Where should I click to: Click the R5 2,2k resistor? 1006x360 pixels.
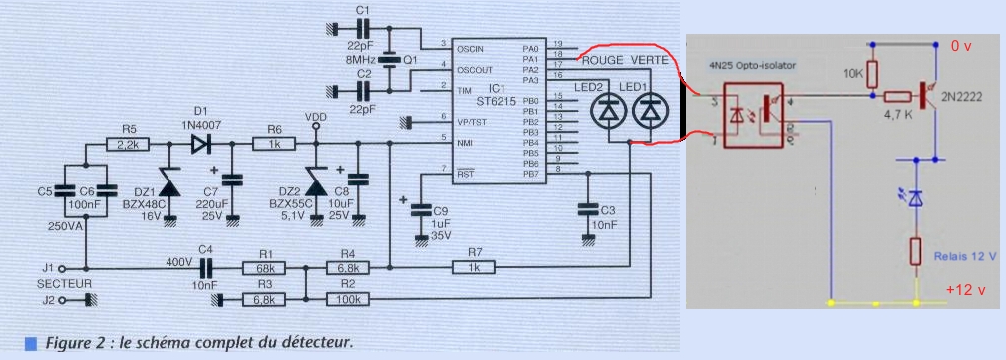pos(127,145)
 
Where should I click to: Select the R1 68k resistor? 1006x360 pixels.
pos(264,267)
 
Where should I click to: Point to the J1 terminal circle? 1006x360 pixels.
pos(63,268)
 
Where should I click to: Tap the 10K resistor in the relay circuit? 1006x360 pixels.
pos(873,74)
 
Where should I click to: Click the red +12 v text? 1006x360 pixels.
pos(967,290)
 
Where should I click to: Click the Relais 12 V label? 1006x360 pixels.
pos(964,256)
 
